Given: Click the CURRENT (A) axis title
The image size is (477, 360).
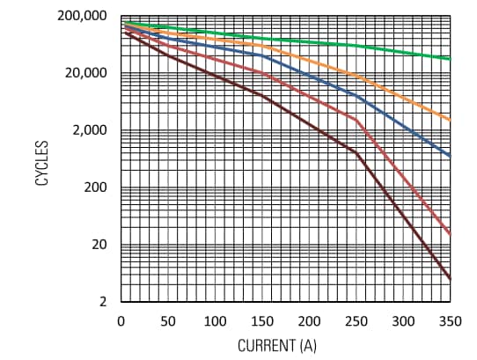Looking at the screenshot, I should point(277,346).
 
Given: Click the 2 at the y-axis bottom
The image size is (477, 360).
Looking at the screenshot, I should point(102,302).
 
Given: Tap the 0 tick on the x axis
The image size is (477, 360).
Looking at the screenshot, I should point(121,320).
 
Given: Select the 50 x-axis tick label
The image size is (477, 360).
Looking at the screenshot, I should point(168,320).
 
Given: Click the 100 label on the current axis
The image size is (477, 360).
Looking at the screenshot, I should point(215,320).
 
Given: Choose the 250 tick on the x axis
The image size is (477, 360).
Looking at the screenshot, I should point(356,320).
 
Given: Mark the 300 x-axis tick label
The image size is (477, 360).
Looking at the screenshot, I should point(403,320).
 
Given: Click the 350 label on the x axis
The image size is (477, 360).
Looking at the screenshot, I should point(450,320).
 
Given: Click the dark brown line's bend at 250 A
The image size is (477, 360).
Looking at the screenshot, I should point(356,152).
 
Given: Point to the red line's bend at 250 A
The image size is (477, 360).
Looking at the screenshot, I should point(356,119).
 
